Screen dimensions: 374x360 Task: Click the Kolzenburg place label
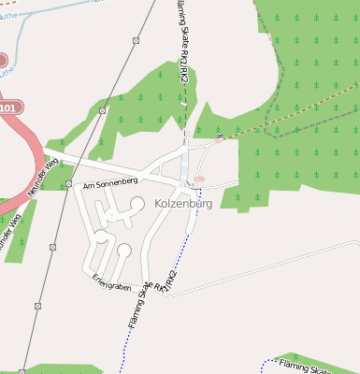(x=177, y=203)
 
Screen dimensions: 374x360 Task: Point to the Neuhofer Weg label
(x=43, y=177)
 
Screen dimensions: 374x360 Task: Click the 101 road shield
(x=8, y=108)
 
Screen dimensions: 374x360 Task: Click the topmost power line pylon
(x=136, y=40)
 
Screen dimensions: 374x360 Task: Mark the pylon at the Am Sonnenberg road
(x=69, y=183)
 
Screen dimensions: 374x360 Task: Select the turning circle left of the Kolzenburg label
(x=137, y=203)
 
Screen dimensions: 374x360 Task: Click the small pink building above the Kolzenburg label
(x=199, y=179)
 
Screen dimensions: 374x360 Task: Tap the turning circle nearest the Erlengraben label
(x=124, y=250)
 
